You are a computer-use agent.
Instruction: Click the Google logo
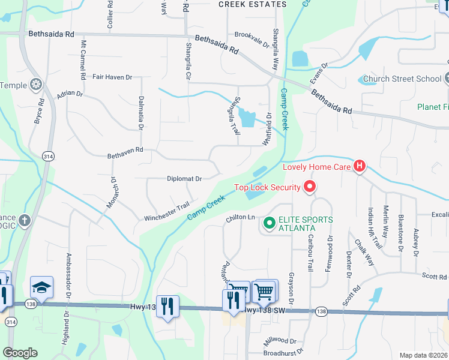point(20,353)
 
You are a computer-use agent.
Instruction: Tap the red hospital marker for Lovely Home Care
point(360,166)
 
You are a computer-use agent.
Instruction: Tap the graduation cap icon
point(41,288)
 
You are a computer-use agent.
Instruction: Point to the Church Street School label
point(402,79)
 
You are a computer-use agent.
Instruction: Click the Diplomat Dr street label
point(184,178)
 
